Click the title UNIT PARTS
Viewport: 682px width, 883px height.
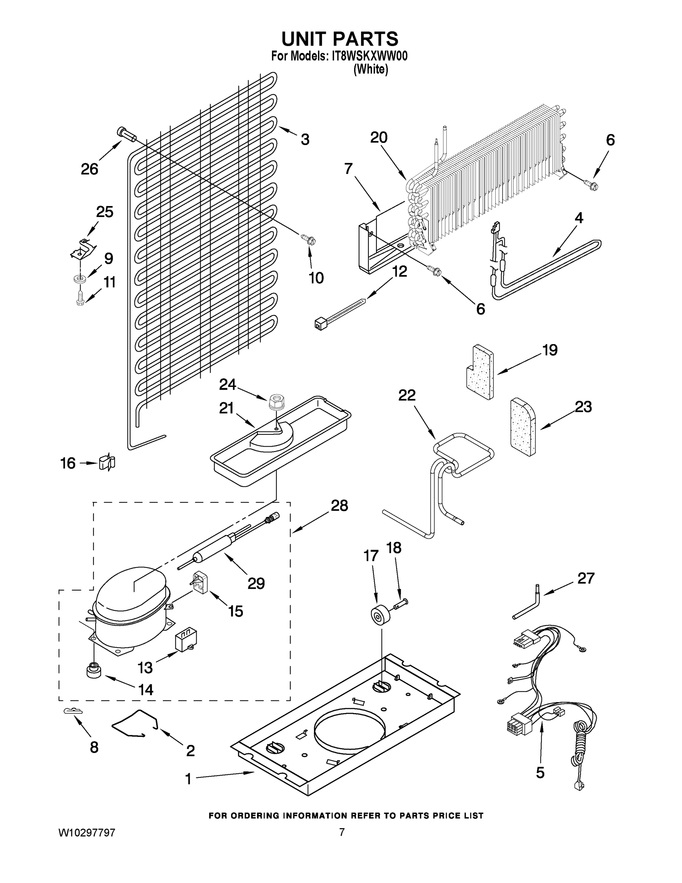340,39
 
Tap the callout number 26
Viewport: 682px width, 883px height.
89,169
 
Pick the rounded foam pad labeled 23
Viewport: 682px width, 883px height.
523,427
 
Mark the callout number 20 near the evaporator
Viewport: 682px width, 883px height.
379,138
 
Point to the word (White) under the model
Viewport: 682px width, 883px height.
371,70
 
